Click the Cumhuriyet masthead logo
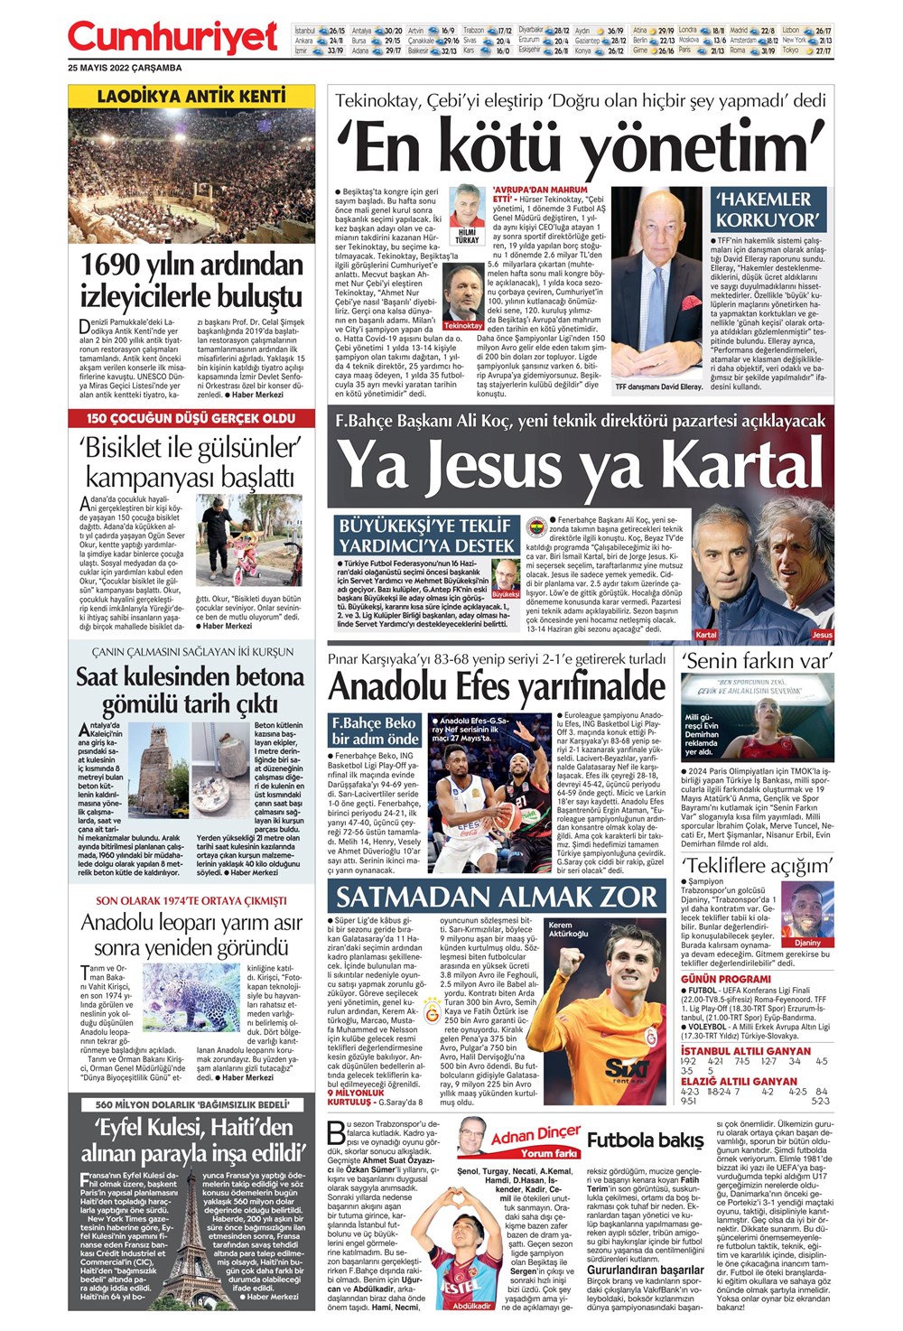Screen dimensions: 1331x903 (172, 39)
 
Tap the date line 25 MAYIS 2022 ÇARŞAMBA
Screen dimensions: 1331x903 (125, 69)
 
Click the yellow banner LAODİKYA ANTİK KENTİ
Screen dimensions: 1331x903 (191, 96)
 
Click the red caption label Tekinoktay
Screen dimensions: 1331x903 (463, 325)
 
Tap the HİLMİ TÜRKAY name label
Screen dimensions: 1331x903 (467, 236)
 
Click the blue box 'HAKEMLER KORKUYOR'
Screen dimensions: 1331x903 (767, 209)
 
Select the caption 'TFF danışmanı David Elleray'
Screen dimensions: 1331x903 (658, 387)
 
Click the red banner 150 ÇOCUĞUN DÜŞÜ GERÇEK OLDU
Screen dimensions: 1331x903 (191, 419)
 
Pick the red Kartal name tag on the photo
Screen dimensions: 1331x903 (706, 634)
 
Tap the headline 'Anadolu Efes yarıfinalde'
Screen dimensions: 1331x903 (497, 686)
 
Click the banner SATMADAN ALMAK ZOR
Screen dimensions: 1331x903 (496, 897)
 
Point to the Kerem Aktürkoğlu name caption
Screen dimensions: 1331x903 (568, 929)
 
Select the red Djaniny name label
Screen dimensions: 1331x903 (808, 943)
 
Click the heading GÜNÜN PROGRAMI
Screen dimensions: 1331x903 (726, 979)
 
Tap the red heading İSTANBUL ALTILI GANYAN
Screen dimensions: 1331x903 (746, 1051)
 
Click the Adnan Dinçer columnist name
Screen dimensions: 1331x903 (535, 1135)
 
